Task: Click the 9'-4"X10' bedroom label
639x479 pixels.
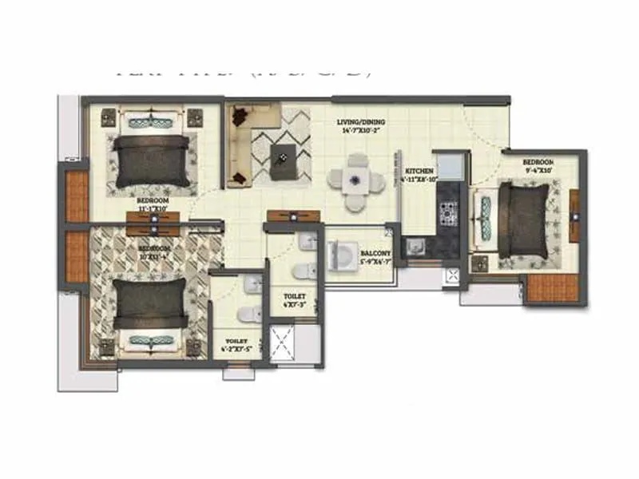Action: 538,165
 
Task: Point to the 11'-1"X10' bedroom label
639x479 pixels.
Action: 151,204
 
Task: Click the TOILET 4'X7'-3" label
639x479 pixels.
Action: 294,299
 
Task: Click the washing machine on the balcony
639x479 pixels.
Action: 342,255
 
